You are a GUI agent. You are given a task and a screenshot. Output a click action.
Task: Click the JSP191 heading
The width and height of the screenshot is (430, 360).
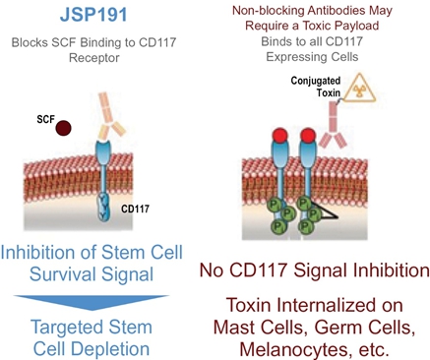pyautogui.click(x=93, y=15)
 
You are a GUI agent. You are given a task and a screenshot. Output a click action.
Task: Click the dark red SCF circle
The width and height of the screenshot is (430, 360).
pyautogui.click(x=63, y=128)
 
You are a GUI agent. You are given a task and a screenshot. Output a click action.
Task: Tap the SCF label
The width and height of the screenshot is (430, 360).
pyautogui.click(x=45, y=119)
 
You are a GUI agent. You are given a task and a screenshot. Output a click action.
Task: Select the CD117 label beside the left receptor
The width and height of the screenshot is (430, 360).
pyautogui.click(x=135, y=209)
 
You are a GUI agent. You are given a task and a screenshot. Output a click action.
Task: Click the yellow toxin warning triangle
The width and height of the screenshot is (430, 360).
pyautogui.click(x=359, y=88)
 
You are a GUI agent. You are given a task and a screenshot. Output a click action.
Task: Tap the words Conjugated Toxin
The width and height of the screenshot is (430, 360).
pyautogui.click(x=316, y=87)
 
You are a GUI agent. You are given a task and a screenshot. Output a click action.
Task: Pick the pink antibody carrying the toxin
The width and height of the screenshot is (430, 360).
pyautogui.click(x=334, y=125)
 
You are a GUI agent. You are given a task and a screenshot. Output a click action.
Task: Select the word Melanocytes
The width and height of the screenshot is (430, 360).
pyautogui.click(x=293, y=349)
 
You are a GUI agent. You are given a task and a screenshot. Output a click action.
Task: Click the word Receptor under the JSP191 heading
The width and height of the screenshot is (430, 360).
pyautogui.click(x=94, y=58)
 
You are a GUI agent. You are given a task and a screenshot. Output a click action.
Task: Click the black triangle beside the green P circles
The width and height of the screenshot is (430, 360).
pyautogui.click(x=324, y=210)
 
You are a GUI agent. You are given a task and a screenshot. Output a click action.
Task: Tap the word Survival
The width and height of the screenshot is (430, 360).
pyautogui.click(x=62, y=274)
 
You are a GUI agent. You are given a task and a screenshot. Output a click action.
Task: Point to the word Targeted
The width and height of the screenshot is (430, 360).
pyautogui.click(x=67, y=328)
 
